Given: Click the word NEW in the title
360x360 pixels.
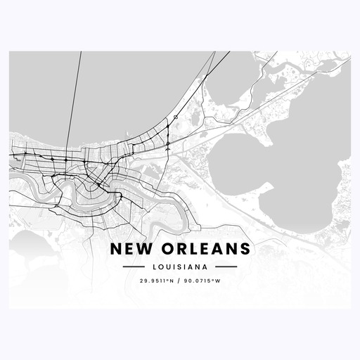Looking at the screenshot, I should [129, 250].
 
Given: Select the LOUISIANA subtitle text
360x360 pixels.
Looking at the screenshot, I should [180, 267].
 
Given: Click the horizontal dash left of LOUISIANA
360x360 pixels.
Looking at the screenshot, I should [134, 267].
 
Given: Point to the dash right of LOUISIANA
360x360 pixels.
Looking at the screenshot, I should [226, 267].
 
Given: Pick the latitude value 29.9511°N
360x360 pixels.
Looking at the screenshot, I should [153, 282].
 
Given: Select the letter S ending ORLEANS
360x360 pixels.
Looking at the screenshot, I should [243, 250].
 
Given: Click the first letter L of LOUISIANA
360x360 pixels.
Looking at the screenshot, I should [153, 267].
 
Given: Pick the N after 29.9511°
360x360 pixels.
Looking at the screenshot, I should [173, 282].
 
